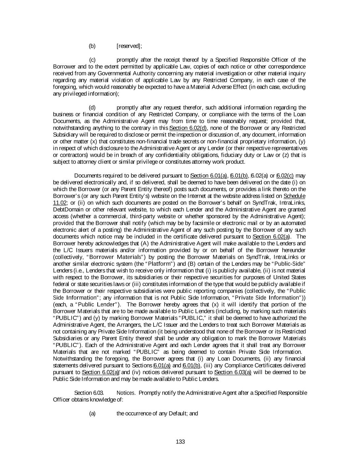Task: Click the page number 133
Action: click(180, 442)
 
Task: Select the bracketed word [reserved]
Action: click(129, 46)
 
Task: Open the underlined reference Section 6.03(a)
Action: click(233, 372)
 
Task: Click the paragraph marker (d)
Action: click(92, 108)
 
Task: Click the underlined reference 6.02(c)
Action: click(285, 175)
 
